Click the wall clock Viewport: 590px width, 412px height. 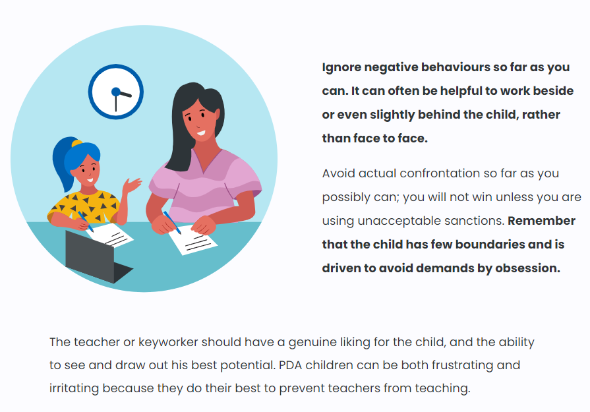[x=116, y=92]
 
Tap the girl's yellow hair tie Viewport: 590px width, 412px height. [x=76, y=143]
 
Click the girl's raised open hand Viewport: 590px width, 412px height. [x=131, y=185]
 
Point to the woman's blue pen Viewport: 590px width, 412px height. [x=172, y=222]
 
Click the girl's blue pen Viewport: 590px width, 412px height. [x=86, y=222]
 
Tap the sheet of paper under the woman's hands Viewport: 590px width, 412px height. [x=192, y=240]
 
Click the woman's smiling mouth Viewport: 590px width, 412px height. [x=201, y=132]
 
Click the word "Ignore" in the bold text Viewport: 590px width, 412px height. [x=341, y=67]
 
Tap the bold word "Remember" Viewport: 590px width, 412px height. [x=541, y=221]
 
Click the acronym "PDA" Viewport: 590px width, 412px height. [x=290, y=365]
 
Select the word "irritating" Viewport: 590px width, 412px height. [x=74, y=388]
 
